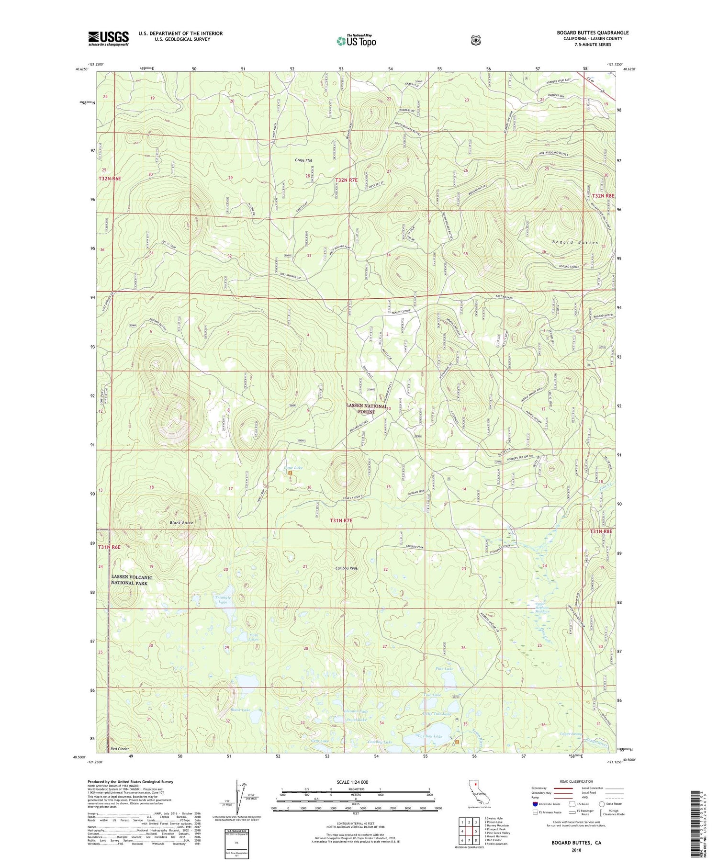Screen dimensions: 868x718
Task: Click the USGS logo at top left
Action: click(109, 38)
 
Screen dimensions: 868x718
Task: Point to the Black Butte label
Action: click(180, 523)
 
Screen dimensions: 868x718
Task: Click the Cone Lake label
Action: click(293, 468)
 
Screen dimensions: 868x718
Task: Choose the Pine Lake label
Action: click(444, 668)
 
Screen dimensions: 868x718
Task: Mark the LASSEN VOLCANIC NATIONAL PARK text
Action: click(132, 580)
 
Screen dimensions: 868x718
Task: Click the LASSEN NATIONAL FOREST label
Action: click(367, 408)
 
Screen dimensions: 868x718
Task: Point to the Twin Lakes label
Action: click(253, 637)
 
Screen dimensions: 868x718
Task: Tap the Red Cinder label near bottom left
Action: click(120, 748)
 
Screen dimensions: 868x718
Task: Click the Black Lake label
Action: click(240, 710)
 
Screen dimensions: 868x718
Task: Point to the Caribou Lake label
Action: click(430, 736)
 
